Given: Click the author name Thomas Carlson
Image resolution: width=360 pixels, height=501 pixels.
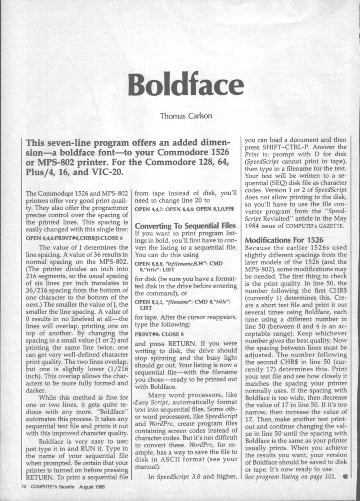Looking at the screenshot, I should (x=181, y=116).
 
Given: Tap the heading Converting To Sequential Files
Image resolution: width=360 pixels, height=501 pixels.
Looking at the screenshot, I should (x=185, y=225).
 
